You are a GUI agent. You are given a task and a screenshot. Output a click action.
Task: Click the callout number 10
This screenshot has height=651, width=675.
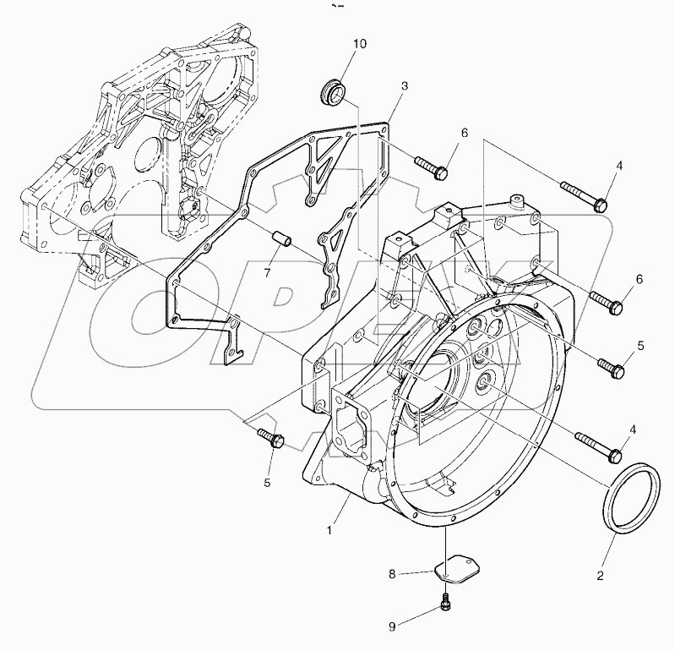tap(360, 44)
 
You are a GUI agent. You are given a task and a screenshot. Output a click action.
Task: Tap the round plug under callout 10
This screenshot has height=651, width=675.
tap(334, 90)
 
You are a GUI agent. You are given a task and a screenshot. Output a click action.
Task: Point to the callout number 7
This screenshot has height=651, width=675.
tap(268, 273)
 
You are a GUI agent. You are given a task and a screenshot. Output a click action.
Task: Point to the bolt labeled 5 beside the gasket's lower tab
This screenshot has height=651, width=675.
tap(272, 438)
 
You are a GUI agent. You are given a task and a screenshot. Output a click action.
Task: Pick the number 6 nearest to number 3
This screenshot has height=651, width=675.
tap(464, 133)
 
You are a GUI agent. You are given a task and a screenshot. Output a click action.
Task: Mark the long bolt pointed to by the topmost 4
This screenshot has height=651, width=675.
tap(581, 194)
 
